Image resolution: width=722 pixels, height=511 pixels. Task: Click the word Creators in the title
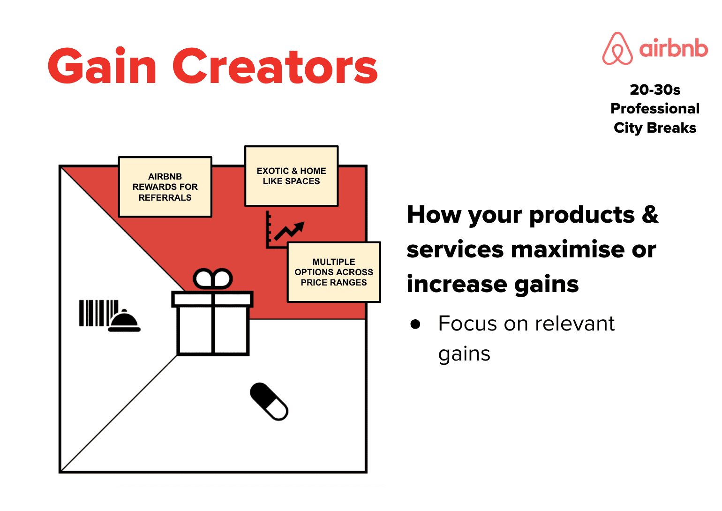(275, 67)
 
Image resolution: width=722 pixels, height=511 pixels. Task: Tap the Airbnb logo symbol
(617, 49)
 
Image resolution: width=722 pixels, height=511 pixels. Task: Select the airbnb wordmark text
(674, 48)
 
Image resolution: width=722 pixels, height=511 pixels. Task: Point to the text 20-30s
(655, 89)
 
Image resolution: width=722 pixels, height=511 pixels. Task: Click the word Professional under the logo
(655, 108)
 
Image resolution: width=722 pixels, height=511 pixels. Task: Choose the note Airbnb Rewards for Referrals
(165, 187)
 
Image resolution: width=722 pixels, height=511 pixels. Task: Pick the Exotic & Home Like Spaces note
(291, 176)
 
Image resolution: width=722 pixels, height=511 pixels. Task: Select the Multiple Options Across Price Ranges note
(334, 272)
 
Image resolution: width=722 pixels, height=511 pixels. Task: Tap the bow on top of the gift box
(213, 279)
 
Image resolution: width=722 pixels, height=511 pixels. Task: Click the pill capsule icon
(269, 402)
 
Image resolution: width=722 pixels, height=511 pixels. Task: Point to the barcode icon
(98, 313)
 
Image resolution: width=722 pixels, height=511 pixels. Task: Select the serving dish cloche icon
(124, 321)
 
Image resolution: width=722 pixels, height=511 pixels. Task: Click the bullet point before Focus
(415, 324)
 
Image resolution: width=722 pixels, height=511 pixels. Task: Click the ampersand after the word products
(650, 215)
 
